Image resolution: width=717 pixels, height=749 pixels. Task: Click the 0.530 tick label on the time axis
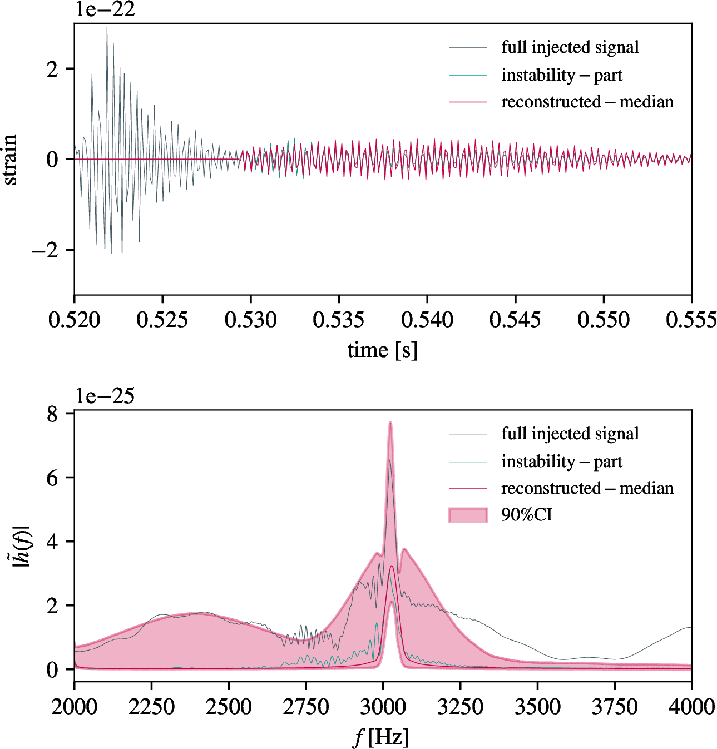point(250,320)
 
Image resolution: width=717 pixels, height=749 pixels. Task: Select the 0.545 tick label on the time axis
point(515,320)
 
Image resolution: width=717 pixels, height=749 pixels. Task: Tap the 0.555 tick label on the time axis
point(691,320)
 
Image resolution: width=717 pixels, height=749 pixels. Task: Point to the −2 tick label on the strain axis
point(45,250)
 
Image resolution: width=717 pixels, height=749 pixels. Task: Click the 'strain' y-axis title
point(10,159)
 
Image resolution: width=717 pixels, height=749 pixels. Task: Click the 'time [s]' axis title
point(382,350)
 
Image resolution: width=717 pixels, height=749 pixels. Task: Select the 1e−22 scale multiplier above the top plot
point(105,9)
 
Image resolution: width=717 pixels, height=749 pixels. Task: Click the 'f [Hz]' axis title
point(382,737)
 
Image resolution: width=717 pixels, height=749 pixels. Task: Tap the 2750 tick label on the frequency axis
point(305,707)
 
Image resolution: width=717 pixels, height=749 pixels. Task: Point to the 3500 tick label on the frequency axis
point(537,707)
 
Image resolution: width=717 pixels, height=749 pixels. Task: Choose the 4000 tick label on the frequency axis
point(691,707)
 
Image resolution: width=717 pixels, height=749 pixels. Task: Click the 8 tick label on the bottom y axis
point(52,414)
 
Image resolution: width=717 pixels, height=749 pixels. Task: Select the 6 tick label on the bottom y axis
point(52,478)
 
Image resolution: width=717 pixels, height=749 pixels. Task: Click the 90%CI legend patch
point(468,515)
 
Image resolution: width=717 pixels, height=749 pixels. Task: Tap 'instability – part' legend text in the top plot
point(561,75)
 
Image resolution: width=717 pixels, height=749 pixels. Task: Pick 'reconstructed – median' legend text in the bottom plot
point(587,488)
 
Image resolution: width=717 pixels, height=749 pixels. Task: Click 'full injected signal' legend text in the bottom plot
point(570,434)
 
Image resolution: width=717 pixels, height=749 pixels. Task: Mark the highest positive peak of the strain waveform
point(107,28)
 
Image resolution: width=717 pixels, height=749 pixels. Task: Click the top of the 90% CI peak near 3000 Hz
point(390,423)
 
